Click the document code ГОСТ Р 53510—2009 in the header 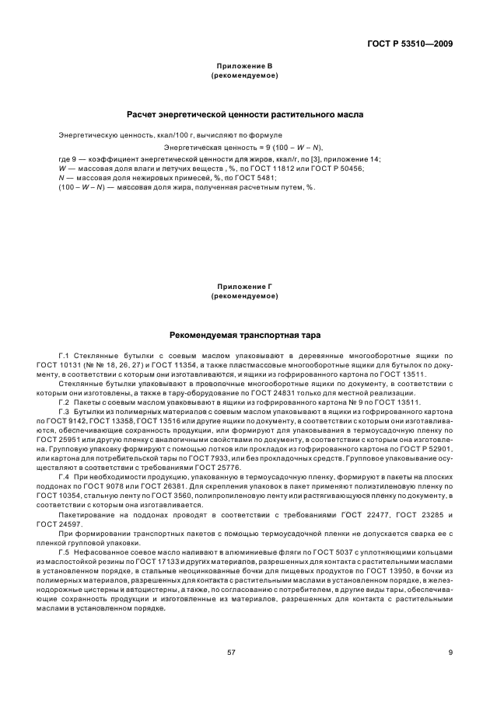point(411,43)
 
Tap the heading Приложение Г point(245,288)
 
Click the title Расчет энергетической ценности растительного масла point(245,115)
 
